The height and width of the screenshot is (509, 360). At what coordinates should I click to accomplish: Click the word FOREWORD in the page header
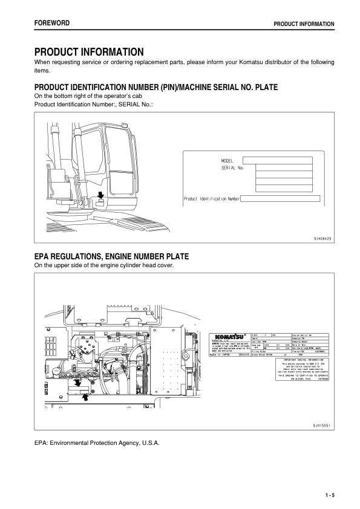point(51,23)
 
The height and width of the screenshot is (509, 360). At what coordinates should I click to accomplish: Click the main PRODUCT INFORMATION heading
point(89,52)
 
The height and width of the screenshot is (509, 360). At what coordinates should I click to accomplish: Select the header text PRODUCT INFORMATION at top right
point(304,24)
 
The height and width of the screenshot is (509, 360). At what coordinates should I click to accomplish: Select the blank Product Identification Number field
point(280,198)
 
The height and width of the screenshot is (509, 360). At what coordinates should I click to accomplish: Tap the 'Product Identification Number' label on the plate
point(212,198)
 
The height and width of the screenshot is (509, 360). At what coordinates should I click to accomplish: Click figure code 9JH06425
point(322,239)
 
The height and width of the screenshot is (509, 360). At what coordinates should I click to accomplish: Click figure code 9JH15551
point(322,426)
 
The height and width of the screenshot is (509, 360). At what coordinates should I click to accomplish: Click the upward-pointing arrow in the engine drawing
point(85,397)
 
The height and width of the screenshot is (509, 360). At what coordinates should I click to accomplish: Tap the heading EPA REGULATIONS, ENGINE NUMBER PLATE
point(112,257)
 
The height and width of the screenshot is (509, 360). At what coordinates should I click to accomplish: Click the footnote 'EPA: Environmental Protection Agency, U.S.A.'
point(97,444)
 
